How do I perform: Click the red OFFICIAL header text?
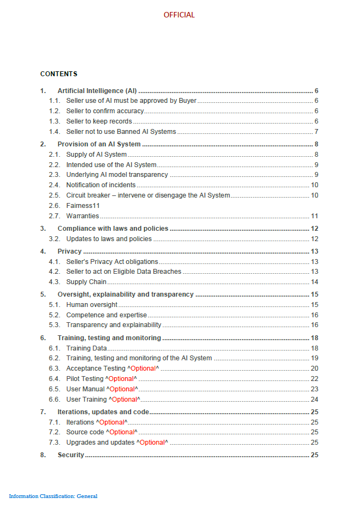(x=179, y=15)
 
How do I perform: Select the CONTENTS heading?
(x=59, y=74)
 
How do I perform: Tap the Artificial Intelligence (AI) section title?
(x=97, y=91)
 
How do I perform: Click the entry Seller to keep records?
(x=99, y=121)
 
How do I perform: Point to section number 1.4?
(x=54, y=132)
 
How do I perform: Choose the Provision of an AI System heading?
(x=99, y=144)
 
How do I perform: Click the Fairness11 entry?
(x=83, y=206)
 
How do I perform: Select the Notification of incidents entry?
(x=101, y=185)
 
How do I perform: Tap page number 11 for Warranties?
(x=314, y=216)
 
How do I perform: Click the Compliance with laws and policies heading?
(x=113, y=229)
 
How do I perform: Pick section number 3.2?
(x=54, y=239)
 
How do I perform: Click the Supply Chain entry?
(x=86, y=282)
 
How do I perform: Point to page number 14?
(x=314, y=282)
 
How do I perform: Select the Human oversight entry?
(x=91, y=305)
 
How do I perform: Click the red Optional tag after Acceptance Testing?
(x=143, y=368)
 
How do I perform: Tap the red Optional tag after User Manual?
(x=122, y=389)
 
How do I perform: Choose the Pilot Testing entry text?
(x=84, y=379)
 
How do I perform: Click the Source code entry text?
(x=85, y=432)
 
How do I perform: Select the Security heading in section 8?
(x=71, y=455)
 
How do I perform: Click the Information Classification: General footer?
(x=53, y=496)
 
